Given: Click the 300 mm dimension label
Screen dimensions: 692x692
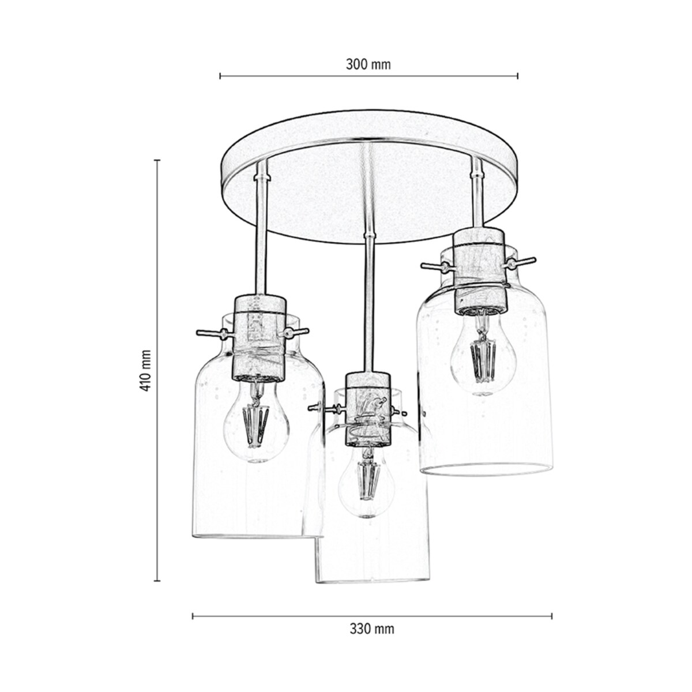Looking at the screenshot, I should pyautogui.click(x=368, y=64).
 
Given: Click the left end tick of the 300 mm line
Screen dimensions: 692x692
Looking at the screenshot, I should pyautogui.click(x=220, y=76).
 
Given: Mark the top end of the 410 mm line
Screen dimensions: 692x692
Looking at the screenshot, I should pyautogui.click(x=157, y=160).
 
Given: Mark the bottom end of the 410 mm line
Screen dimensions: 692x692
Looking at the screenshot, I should pyautogui.click(x=157, y=580).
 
